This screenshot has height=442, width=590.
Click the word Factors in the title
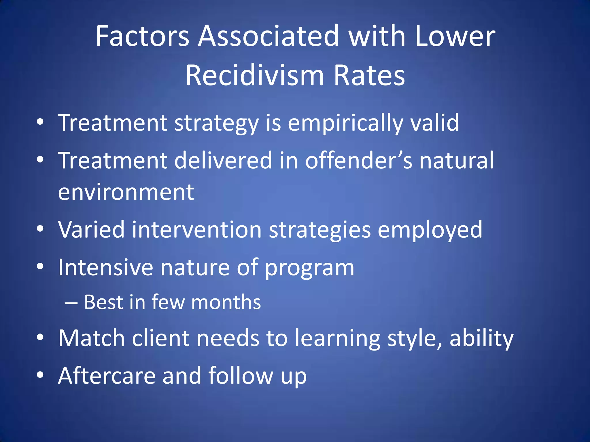pos(142,36)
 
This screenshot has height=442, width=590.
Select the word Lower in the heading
pos(455,36)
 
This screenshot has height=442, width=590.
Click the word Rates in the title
pos(369,76)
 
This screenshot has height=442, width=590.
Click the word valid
pos(434,123)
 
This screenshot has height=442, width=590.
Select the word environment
pos(126,192)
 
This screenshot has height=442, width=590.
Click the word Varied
pos(91,230)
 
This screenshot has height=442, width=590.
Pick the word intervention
pos(197,230)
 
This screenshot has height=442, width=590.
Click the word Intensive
pos(105,268)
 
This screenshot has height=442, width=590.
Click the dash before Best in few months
pos(71,303)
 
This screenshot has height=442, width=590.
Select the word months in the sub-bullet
pos(226,302)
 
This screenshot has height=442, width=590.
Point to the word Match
pos(91,338)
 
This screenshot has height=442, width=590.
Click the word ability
pos(481,338)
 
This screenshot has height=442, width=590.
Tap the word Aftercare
pos(107,376)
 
